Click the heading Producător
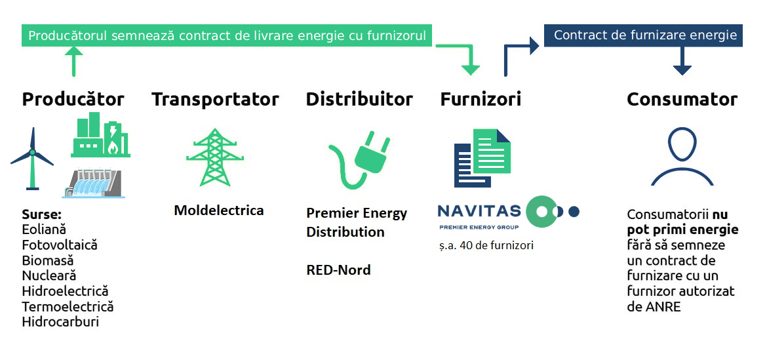[x=73, y=99]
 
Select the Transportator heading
[x=215, y=99]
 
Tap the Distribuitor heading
[x=359, y=99]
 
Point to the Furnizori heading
[x=481, y=99]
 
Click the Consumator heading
[x=682, y=99]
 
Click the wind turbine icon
[x=32, y=159]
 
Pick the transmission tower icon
[x=215, y=157]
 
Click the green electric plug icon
[x=359, y=159]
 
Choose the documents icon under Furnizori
[x=482, y=158]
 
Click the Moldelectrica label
[x=219, y=210]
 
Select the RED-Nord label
[x=338, y=270]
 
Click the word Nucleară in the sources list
[x=49, y=276]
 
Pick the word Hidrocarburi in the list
[x=60, y=322]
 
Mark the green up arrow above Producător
[x=73, y=62]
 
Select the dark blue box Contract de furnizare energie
[x=643, y=35]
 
